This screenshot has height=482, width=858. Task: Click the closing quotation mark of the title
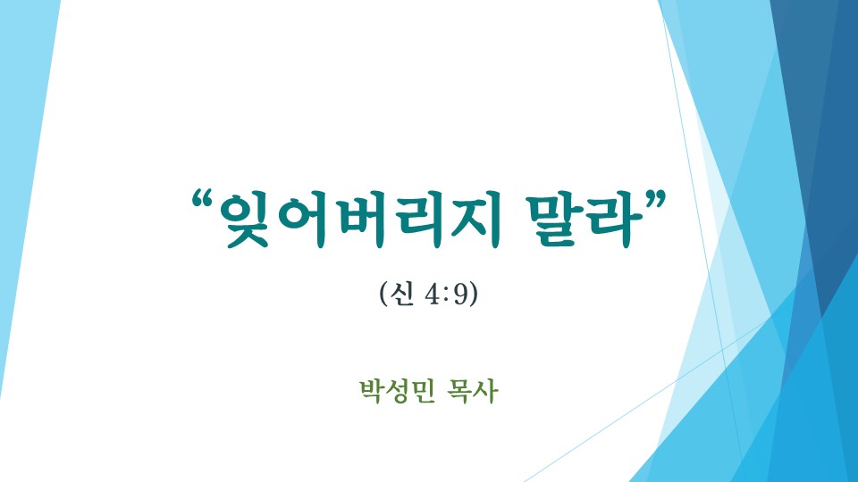655,201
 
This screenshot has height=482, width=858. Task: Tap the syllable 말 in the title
552,220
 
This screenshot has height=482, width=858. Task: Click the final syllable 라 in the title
612,220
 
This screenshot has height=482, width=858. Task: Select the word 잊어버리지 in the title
359,220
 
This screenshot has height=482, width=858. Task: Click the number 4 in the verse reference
432,295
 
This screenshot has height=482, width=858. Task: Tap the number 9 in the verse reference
461,295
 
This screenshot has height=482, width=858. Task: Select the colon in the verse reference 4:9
447,296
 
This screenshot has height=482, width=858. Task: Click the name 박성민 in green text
397,391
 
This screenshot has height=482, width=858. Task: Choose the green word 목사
472,391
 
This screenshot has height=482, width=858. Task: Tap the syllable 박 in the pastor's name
372,391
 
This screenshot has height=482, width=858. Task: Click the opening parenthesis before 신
383,295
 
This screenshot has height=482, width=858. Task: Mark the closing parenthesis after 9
474,295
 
